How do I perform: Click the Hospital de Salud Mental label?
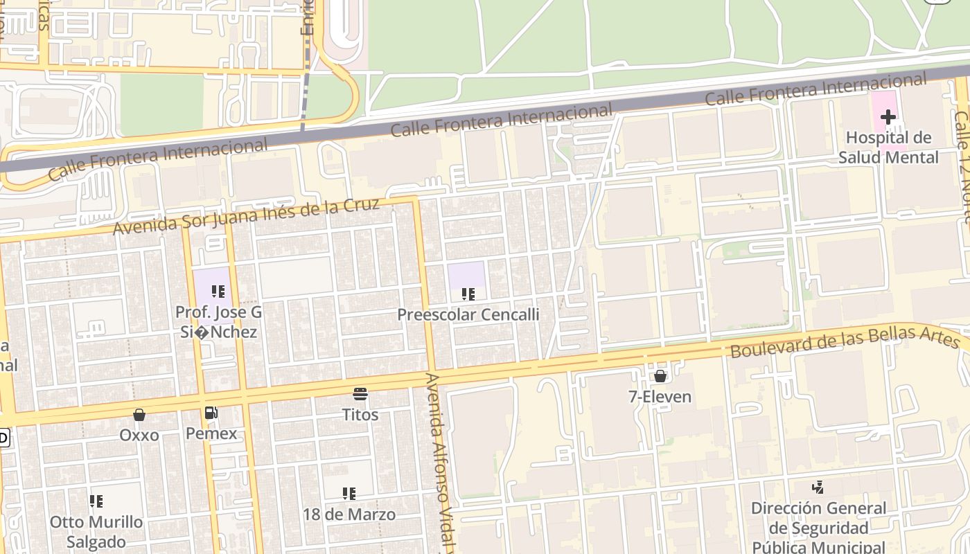point(888,148)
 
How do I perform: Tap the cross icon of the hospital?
point(888,117)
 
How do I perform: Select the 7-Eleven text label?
point(660,397)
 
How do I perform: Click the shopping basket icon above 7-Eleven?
point(660,376)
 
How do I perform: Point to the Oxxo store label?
point(139,435)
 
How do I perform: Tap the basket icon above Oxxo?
point(139,415)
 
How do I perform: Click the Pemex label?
point(211,434)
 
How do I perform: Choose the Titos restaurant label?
point(360,415)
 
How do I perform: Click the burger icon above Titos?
point(360,395)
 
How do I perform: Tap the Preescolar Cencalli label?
point(468,314)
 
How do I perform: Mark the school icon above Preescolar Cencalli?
point(468,294)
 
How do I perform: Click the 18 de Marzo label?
point(349,515)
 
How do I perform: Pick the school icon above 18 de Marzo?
point(349,494)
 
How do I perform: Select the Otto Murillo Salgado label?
point(96,532)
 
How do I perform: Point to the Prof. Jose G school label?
point(216,322)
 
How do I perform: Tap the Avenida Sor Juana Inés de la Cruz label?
point(247,216)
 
